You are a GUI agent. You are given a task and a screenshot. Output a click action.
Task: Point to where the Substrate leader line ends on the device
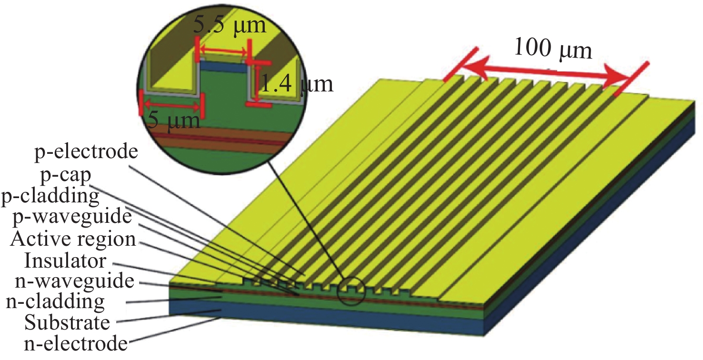pos(222,310)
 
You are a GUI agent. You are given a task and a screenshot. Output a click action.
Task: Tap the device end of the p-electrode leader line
pos(305,275)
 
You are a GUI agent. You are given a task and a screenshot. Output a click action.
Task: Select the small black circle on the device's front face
pos(351,291)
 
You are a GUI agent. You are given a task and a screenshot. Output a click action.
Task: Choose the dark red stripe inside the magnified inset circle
pos(220,139)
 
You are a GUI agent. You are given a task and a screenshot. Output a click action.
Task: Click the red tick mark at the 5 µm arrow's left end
pos(141,102)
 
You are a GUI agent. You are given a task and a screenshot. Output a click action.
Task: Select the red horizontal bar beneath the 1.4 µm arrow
pos(258,105)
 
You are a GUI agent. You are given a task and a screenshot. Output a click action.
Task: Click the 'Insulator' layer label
pos(65,260)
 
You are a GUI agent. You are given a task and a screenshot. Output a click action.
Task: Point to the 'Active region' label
pos(73,239)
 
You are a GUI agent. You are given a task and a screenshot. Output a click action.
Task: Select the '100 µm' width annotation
pos(553,49)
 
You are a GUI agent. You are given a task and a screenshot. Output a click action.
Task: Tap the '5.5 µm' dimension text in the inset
pos(230,25)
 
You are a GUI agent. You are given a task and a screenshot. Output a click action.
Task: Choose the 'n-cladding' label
pos(56,301)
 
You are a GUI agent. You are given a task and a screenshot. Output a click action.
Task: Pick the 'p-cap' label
pos(66,175)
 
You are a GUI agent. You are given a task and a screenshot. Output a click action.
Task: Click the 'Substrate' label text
pos(67,322)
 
